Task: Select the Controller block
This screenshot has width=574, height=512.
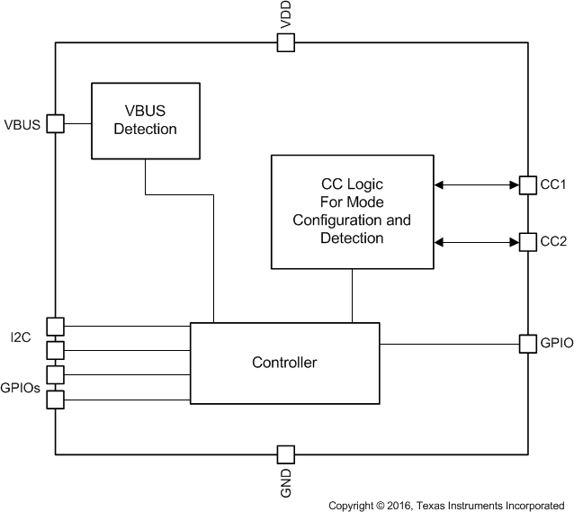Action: click(283, 363)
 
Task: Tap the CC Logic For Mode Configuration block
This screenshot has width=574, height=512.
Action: click(352, 211)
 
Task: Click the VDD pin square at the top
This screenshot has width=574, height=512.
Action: click(285, 42)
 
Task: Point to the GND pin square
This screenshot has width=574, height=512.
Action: click(285, 454)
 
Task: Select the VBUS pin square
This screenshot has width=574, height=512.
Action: click(56, 124)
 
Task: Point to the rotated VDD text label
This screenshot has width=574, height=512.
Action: click(285, 15)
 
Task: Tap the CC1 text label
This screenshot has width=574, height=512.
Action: click(552, 184)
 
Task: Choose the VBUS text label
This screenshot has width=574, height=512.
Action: click(22, 124)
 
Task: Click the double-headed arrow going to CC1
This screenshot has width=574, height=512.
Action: click(476, 184)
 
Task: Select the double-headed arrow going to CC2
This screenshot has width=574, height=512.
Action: click(476, 242)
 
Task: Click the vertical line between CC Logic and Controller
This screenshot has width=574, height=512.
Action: click(352, 295)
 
